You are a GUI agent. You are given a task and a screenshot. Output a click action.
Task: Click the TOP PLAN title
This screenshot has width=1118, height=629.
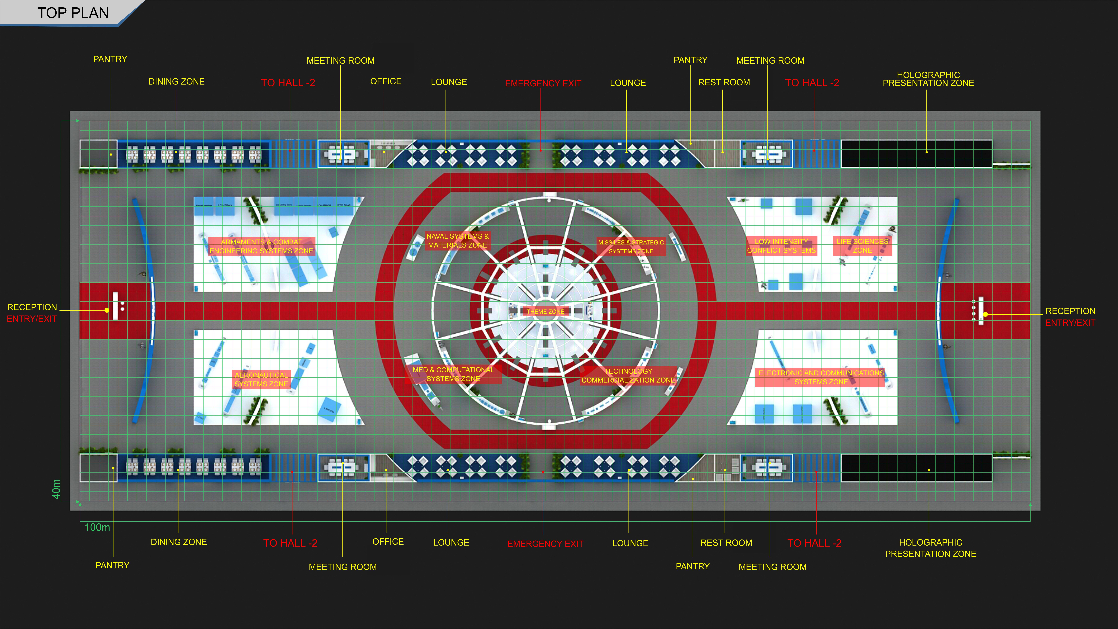pyautogui.click(x=73, y=13)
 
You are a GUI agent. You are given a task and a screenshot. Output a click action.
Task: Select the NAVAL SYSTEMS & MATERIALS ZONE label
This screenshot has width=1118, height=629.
pyautogui.click(x=457, y=240)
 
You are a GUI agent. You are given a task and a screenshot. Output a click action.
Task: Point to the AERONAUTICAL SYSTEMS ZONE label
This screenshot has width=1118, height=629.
pyautogui.click(x=261, y=379)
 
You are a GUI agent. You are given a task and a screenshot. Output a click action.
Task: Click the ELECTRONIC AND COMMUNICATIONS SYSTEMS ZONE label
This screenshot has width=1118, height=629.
pyautogui.click(x=821, y=377)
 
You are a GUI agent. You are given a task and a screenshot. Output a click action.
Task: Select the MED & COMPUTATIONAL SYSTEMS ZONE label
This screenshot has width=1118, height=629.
pyautogui.click(x=453, y=374)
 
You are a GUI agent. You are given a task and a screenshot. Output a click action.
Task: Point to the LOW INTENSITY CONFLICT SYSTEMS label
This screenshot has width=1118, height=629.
pyautogui.click(x=781, y=246)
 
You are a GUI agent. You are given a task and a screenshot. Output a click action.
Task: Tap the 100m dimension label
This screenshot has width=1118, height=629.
pyautogui.click(x=97, y=527)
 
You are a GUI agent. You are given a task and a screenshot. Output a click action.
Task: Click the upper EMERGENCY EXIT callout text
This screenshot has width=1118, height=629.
pyautogui.click(x=543, y=83)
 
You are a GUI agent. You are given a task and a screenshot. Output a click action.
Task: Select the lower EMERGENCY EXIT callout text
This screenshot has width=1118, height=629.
pyautogui.click(x=545, y=544)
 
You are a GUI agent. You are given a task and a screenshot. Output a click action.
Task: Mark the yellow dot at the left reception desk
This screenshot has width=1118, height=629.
pyautogui.click(x=107, y=310)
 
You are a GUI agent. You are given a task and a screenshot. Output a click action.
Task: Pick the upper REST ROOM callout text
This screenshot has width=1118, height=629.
pyautogui.click(x=724, y=83)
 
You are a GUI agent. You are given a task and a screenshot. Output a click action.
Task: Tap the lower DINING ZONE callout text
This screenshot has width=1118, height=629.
pyautogui.click(x=178, y=542)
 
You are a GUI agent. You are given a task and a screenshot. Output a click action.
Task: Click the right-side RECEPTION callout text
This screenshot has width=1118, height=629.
pyautogui.click(x=1070, y=311)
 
